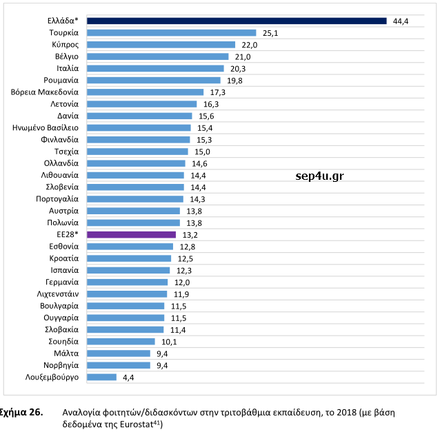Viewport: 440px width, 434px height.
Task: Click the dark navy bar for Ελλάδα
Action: pyautogui.click(x=237, y=21)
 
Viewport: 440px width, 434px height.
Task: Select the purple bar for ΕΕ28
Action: pyautogui.click(x=132, y=234)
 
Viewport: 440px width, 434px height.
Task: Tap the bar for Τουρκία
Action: pyautogui.click(x=172, y=32)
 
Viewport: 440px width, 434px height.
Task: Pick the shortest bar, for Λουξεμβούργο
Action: pyautogui.click(x=102, y=377)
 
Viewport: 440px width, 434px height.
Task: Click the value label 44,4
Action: pyautogui.click(x=401, y=21)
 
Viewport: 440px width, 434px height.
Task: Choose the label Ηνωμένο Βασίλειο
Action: pyautogui.click(x=46, y=127)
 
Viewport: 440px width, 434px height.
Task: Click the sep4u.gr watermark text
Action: pyautogui.click(x=319, y=176)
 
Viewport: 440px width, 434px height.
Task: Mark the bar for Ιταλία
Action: pyautogui.click(x=156, y=68)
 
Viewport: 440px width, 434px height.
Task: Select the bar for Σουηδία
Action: pyautogui.click(x=121, y=341)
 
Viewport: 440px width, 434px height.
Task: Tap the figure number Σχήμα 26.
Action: pyautogui.click(x=22, y=413)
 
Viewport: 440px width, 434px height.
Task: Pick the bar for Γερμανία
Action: pyautogui.click(x=128, y=282)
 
